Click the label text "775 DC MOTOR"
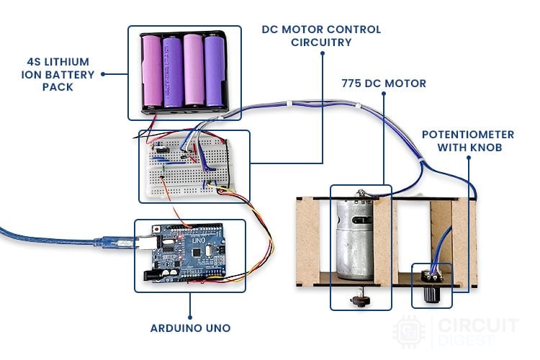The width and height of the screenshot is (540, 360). [x=384, y=84]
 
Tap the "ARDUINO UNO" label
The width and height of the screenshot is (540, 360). [x=190, y=328]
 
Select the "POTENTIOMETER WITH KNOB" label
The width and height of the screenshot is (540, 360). [x=468, y=141]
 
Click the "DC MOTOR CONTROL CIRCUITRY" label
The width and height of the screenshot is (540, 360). [x=322, y=36]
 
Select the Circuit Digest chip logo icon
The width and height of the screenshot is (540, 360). [x=408, y=330]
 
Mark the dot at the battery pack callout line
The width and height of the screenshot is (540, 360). [x=104, y=73]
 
